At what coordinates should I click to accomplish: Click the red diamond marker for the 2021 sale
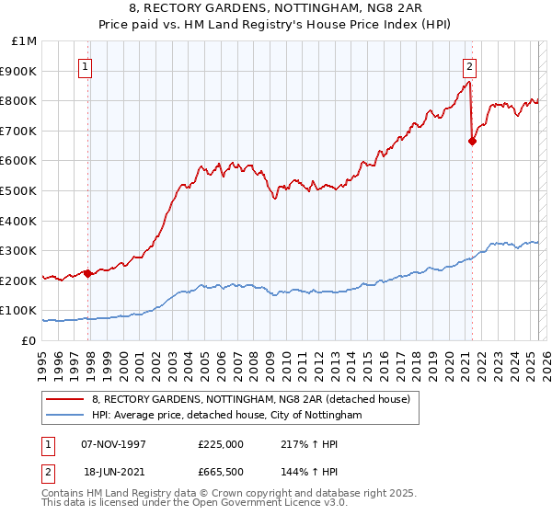472,142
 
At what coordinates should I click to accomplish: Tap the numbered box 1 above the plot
85,66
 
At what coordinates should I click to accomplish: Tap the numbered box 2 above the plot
469,66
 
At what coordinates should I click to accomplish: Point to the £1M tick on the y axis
25,41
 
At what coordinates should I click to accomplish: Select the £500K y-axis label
20,191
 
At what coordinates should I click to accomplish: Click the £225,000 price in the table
221,444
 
